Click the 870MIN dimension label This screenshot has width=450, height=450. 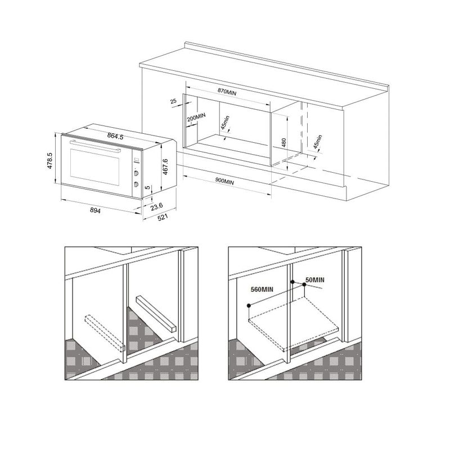(x=227, y=92)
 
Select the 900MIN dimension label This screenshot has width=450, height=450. (x=224, y=181)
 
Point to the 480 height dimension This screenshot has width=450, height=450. (x=283, y=143)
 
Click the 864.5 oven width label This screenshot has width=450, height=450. (x=115, y=136)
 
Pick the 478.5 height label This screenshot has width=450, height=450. (x=49, y=161)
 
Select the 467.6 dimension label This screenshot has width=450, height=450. (x=165, y=166)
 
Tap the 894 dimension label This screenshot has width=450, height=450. (x=95, y=210)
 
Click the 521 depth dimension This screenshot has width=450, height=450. (x=163, y=217)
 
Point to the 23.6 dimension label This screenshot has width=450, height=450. (x=157, y=206)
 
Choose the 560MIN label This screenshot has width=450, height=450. (x=262, y=289)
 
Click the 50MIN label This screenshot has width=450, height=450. (x=315, y=280)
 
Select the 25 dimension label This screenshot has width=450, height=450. (x=173, y=101)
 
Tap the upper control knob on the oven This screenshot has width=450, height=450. (x=136, y=173)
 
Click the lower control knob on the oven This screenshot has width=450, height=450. (x=136, y=184)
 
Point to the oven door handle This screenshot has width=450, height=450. (x=95, y=146)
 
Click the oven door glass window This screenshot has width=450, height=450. (x=94, y=167)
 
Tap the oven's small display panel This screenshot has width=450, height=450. (x=136, y=160)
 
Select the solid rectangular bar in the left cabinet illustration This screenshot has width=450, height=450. (x=155, y=314)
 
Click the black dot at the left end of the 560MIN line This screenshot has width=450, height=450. (x=249, y=305)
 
